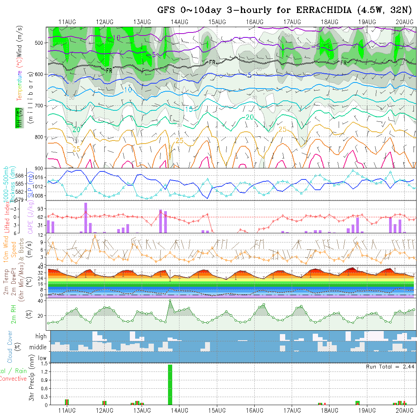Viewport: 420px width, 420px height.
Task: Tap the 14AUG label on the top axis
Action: pyautogui.click(x=179, y=22)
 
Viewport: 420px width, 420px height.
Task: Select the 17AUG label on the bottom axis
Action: pyautogui.click(x=292, y=410)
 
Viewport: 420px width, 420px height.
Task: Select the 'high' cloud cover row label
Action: pyautogui.click(x=41, y=336)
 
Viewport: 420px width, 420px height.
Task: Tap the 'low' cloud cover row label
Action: pyautogui.click(x=42, y=358)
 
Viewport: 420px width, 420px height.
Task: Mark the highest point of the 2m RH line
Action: pyautogui.click(x=170, y=300)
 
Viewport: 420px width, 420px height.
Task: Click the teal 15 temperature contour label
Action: pyautogui.click(x=189, y=110)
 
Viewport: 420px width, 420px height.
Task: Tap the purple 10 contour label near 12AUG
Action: pyautogui.click(x=117, y=37)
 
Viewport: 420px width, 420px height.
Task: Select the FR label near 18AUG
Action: pyautogui.click(x=344, y=63)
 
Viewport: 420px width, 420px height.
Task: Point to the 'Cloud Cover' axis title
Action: pyautogui.click(x=10, y=347)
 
